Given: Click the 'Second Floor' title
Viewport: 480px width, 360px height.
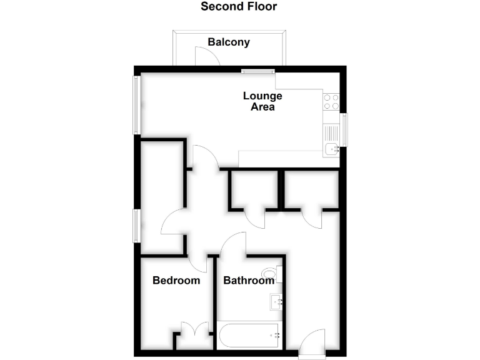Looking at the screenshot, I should click(239, 7).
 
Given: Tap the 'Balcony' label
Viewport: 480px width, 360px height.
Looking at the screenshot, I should click(229, 42).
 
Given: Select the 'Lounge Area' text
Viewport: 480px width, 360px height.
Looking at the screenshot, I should click(262, 101).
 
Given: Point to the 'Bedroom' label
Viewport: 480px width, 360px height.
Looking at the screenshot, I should click(176, 281).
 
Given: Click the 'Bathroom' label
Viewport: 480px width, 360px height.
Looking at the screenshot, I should click(249, 281).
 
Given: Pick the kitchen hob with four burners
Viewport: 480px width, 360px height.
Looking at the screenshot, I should click(331, 101).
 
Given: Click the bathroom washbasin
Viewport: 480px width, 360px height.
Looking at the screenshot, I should click(277, 302).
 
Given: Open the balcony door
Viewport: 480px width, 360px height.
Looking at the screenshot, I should click(207, 57).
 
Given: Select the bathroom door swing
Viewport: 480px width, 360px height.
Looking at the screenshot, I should click(232, 244).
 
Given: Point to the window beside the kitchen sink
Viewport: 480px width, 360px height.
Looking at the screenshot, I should click(343, 130).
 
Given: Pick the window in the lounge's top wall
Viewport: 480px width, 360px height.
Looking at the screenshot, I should click(258, 71).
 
